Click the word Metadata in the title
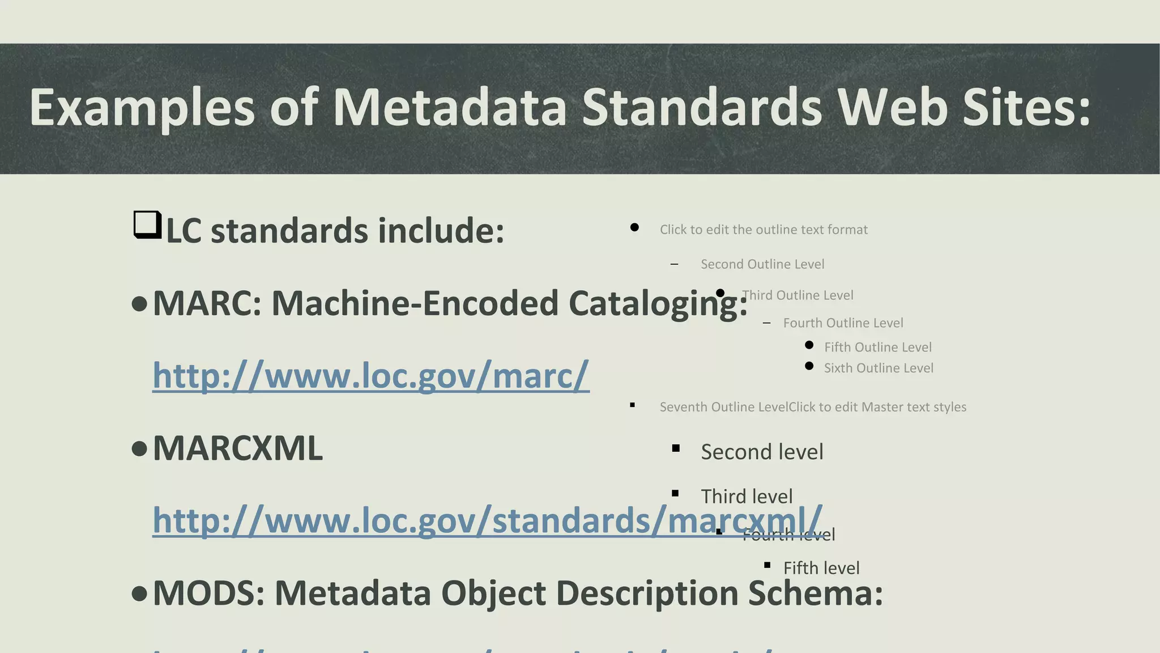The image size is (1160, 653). (450, 107)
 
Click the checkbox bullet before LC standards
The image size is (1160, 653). (147, 225)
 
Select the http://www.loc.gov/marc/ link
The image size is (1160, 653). (371, 375)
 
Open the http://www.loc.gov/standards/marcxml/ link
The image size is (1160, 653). (487, 520)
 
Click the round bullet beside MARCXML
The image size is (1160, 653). (139, 450)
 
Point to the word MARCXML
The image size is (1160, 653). (238, 449)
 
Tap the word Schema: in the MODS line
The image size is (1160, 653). (815, 593)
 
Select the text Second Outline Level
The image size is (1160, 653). (762, 264)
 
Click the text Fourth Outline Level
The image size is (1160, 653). (843, 323)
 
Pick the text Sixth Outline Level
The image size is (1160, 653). (878, 368)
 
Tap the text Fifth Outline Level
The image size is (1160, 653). (877, 347)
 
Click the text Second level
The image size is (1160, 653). (762, 452)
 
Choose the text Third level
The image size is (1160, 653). (747, 497)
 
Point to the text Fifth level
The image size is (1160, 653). (821, 568)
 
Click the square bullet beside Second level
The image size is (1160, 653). (676, 448)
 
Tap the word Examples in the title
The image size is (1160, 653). (142, 107)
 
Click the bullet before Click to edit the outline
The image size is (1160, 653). (634, 227)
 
